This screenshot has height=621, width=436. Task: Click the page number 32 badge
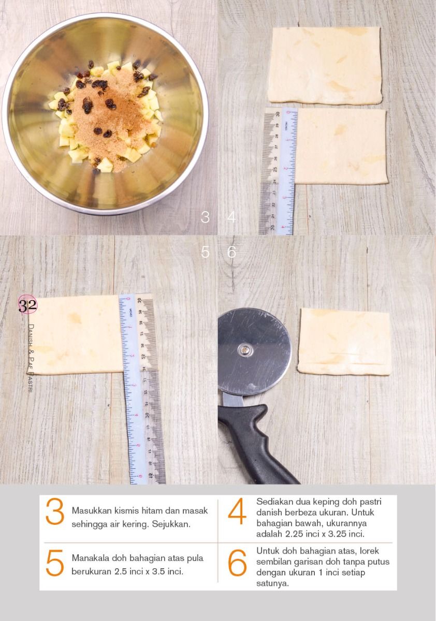tap(27, 305)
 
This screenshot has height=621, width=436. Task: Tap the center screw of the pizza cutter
tap(245, 349)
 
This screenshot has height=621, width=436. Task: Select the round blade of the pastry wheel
tap(254, 351)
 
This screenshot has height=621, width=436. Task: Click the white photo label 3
tap(205, 217)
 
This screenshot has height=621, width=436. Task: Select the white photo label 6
tap(231, 252)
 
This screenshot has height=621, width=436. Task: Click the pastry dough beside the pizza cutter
tap(344, 342)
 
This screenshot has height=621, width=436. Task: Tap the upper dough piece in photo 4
tap(325, 65)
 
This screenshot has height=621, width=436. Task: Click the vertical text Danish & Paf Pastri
tap(31, 358)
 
